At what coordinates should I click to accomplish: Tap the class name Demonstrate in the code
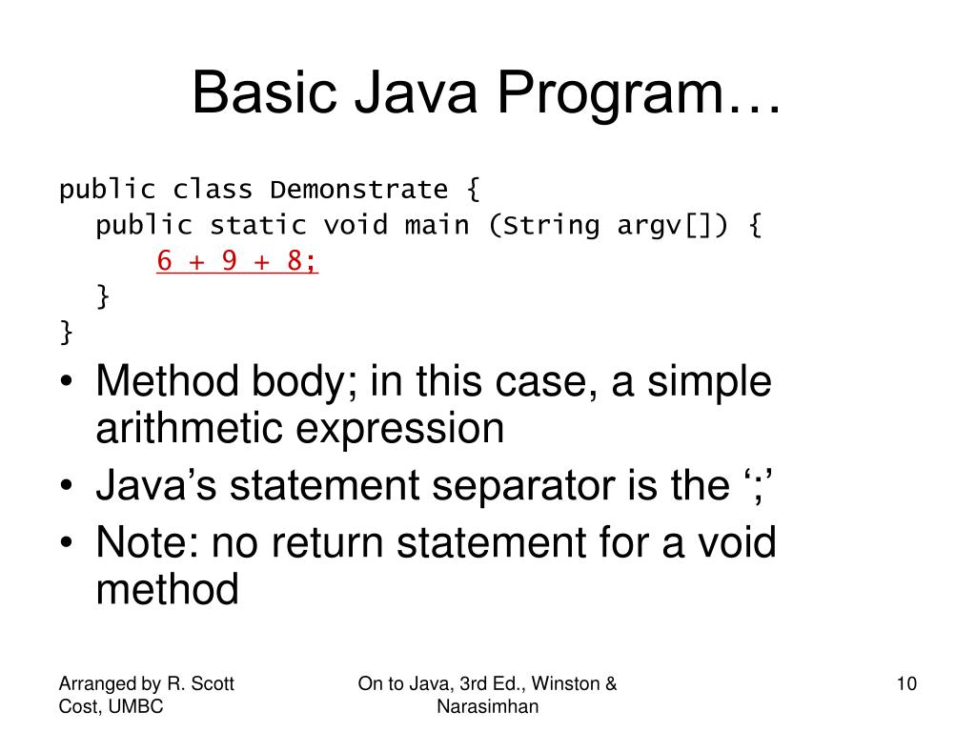pyautogui.click(x=358, y=189)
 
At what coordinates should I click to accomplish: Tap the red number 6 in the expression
pyautogui.click(x=166, y=262)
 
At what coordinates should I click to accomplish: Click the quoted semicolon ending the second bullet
pyautogui.click(x=758, y=486)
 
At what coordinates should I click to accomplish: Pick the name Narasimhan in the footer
pyautogui.click(x=487, y=706)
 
